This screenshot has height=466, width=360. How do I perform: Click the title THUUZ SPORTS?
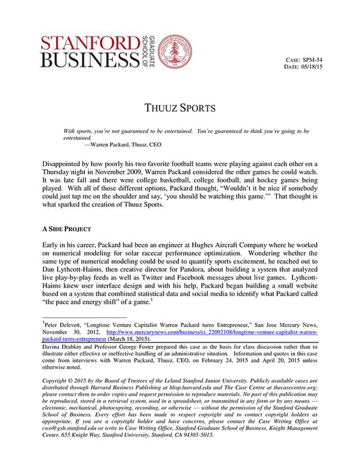click(180, 107)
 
